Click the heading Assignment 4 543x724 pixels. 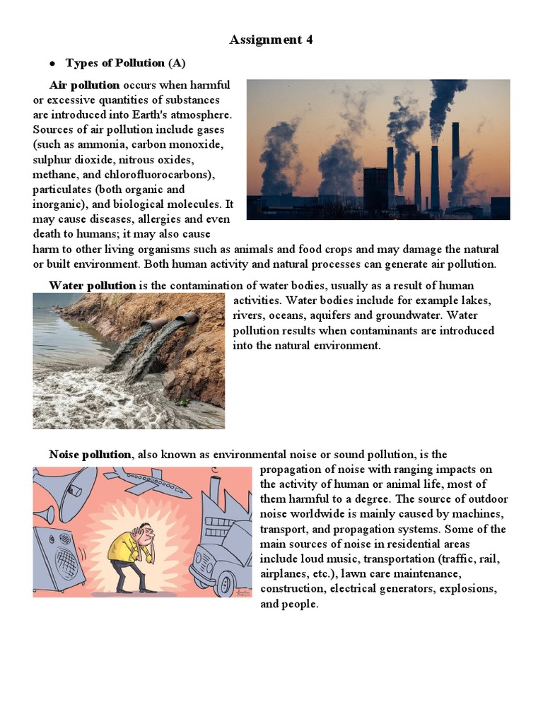271,40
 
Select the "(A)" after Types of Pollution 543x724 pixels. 177,63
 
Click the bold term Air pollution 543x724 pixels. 84,85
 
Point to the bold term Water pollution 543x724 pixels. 92,286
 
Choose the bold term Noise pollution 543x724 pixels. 90,455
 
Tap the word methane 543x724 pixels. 54,175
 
